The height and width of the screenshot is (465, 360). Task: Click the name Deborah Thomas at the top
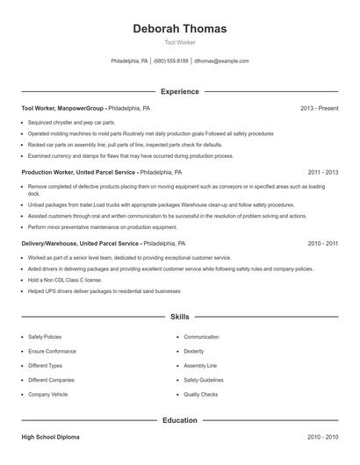[x=179, y=28]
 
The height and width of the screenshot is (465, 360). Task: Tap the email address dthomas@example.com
[x=221, y=61]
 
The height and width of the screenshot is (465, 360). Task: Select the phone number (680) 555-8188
[x=172, y=61]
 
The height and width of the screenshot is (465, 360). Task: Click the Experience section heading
[x=179, y=91]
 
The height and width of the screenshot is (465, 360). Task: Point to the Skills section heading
[x=179, y=316]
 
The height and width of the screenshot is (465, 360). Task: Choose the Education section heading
[x=179, y=420]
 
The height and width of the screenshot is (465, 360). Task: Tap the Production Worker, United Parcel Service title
[x=78, y=173]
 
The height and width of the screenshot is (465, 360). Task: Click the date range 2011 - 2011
[x=323, y=173]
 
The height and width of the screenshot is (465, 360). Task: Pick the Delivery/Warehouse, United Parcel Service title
[x=80, y=243]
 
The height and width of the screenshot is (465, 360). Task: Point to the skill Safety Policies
[x=45, y=337]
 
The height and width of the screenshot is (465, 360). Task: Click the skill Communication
[x=201, y=337]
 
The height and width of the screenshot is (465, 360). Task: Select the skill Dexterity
[x=194, y=351]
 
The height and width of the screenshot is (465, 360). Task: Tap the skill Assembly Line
[x=200, y=366]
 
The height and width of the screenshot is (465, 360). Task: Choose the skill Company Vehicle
[x=47, y=395]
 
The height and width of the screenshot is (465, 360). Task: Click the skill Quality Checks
[x=201, y=395]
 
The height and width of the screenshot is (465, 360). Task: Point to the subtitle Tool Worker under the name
[x=179, y=42]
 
